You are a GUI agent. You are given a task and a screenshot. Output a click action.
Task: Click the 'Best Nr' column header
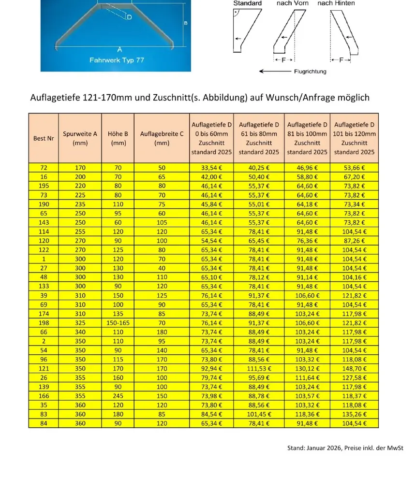click(x=44, y=138)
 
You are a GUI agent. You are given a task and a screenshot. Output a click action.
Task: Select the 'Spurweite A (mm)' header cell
click(x=80, y=138)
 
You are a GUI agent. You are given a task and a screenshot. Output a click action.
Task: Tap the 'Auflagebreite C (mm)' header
click(x=162, y=138)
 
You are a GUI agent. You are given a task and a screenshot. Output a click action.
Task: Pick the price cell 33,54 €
click(x=211, y=168)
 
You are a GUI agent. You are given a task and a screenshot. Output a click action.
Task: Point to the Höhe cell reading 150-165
click(x=119, y=322)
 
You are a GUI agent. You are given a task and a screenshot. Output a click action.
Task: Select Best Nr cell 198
click(x=44, y=322)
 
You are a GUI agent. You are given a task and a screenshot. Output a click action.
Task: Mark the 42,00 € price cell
click(x=211, y=177)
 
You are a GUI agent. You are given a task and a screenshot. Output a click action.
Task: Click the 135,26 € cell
click(x=354, y=415)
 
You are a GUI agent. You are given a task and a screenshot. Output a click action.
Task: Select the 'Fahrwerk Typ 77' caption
click(x=117, y=60)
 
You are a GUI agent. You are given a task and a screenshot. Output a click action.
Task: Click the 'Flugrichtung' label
click(x=310, y=72)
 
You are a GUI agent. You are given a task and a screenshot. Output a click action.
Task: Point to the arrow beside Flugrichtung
click(x=274, y=72)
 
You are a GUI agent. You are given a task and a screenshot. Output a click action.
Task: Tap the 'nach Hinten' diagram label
click(x=336, y=3)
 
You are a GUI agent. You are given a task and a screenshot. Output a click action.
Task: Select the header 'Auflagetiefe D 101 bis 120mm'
click(x=354, y=138)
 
